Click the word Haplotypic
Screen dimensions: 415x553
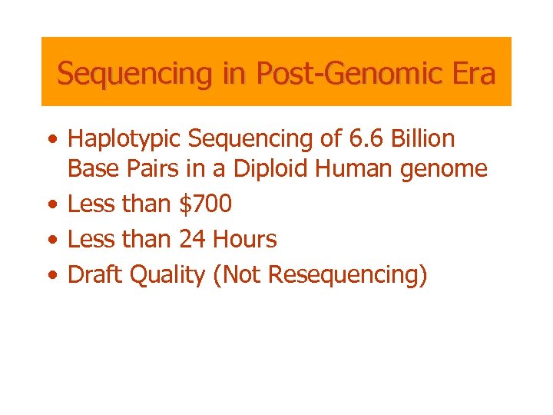(124, 139)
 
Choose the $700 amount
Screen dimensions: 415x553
(205, 204)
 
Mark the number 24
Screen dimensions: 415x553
(193, 240)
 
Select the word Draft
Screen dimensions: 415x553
(96, 274)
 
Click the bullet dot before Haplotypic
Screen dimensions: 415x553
(51, 141)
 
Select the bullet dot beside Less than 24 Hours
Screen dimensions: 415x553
(51, 241)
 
